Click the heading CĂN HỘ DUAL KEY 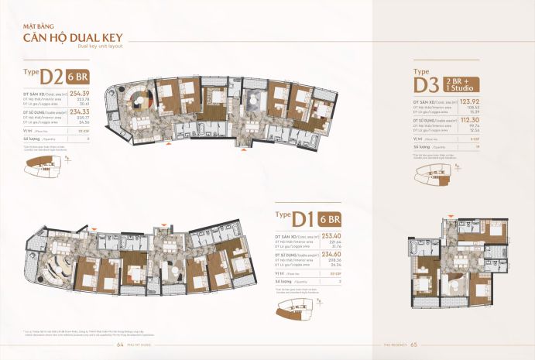70,36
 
